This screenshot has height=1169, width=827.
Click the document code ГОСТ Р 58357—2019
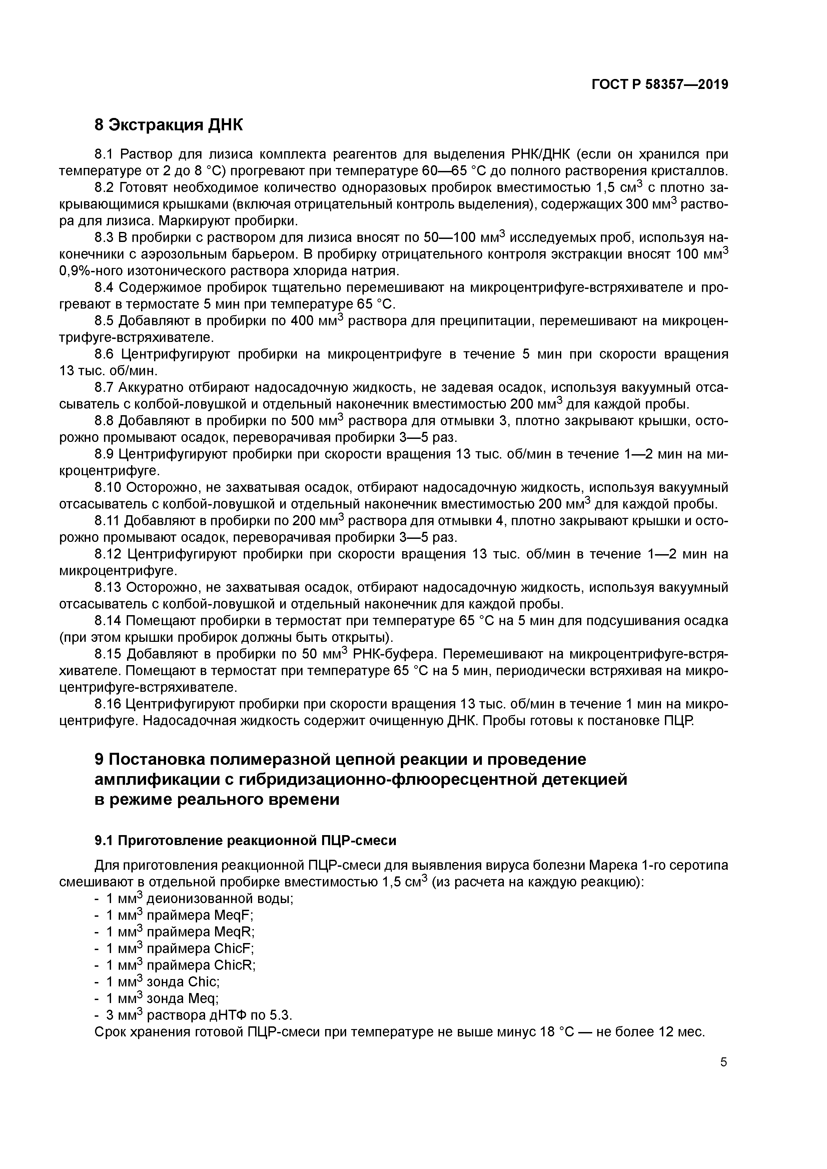(x=660, y=85)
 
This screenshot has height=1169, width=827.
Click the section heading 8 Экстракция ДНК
(x=169, y=125)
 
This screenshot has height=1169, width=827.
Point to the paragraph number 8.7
(x=105, y=388)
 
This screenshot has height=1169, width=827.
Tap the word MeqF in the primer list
(x=233, y=915)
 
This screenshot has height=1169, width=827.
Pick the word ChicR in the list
(x=234, y=965)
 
